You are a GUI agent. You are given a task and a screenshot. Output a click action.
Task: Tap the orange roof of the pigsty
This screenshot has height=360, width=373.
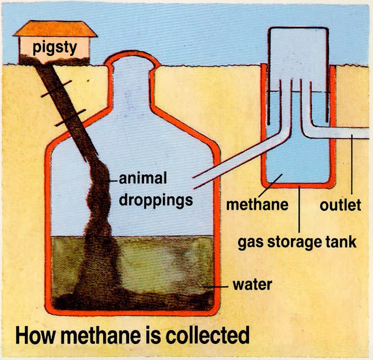pyautogui.click(x=55, y=29)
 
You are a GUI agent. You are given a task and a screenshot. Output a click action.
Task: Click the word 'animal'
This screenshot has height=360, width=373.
pyautogui.click(x=143, y=179)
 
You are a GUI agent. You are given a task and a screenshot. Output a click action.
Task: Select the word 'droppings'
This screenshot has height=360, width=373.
pyautogui.click(x=156, y=200)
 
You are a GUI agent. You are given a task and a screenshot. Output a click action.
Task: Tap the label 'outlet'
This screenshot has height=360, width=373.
pyautogui.click(x=340, y=204)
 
